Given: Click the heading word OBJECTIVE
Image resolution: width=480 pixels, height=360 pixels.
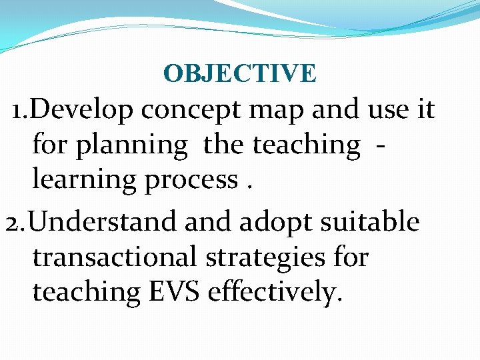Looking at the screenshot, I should pyautogui.click(x=239, y=73).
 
